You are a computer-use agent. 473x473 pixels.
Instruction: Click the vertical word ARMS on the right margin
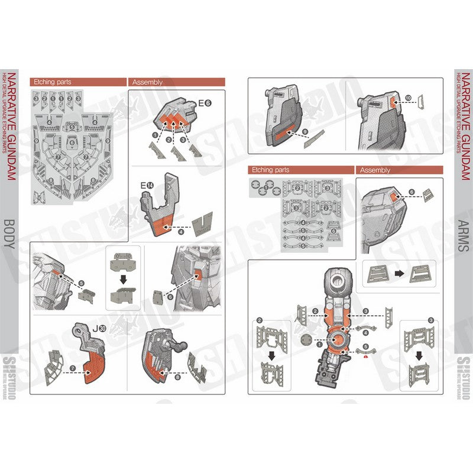coord(464,237)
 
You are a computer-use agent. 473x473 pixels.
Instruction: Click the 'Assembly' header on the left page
coord(147,83)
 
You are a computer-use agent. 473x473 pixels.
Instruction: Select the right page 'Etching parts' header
coord(270,170)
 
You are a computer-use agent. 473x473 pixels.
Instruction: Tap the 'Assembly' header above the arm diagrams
coord(375,170)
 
